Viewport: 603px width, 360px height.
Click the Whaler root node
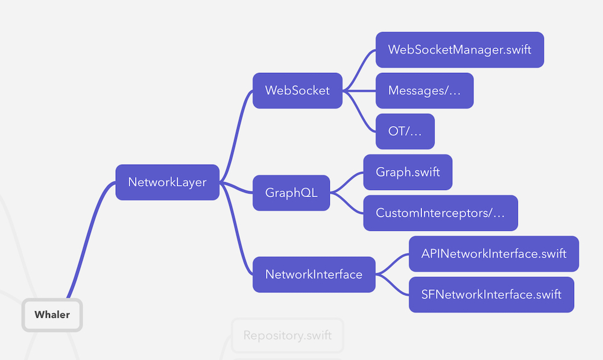52,314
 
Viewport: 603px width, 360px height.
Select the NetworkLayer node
167,182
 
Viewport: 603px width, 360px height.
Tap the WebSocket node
297,90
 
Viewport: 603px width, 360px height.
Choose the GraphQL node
291,193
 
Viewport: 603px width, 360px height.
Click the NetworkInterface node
314,274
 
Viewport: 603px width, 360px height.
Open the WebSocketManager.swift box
459,49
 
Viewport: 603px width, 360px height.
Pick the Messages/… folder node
424,90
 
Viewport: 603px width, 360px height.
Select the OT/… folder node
405,131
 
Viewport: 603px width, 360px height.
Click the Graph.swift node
408,172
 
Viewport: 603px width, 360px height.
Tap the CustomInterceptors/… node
440,212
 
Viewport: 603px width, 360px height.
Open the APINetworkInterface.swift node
493,253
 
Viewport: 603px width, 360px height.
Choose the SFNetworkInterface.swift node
491,294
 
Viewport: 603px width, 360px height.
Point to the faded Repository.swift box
287,335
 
